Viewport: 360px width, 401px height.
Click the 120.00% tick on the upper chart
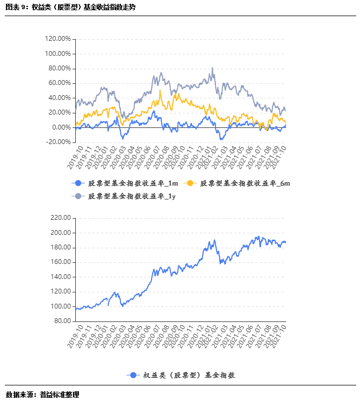tap(58, 39)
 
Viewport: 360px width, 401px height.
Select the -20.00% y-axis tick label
tap(59, 142)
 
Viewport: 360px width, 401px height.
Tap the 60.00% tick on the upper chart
tap(60, 83)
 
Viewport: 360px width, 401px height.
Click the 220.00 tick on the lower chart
tap(60, 218)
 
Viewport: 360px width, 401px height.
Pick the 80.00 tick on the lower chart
tap(61, 321)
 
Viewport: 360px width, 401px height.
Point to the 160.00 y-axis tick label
tap(60, 262)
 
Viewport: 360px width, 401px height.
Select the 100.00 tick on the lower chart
tap(60, 306)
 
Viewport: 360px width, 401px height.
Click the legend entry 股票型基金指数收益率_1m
tap(133, 183)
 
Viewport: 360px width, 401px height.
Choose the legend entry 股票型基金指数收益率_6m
tap(245, 183)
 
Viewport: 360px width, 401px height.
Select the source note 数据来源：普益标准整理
tap(42, 395)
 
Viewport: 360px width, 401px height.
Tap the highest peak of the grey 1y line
tap(212, 68)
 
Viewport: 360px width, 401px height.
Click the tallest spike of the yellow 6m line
tap(160, 90)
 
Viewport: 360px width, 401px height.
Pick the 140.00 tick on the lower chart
tap(60, 277)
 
